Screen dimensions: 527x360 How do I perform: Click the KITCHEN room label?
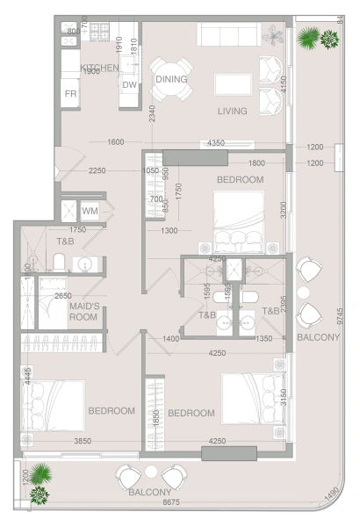tap(99, 68)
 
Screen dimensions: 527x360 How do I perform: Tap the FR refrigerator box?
tap(70, 94)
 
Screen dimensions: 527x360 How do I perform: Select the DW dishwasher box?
tap(129, 85)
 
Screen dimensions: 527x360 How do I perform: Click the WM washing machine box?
tap(90, 212)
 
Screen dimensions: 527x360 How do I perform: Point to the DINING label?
tap(171, 79)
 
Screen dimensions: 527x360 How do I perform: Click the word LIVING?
tap(233, 112)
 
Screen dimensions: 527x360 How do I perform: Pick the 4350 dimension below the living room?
tap(215, 143)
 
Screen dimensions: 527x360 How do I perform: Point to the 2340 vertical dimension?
tap(152, 113)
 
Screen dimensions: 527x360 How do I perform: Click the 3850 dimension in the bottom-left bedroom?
tap(83, 441)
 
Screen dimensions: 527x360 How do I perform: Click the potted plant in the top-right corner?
tap(317, 38)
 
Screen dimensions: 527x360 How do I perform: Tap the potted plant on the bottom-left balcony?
tap(39, 484)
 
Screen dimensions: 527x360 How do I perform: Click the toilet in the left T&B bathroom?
tap(59, 263)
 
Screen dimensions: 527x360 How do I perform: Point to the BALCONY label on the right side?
tap(313, 337)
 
